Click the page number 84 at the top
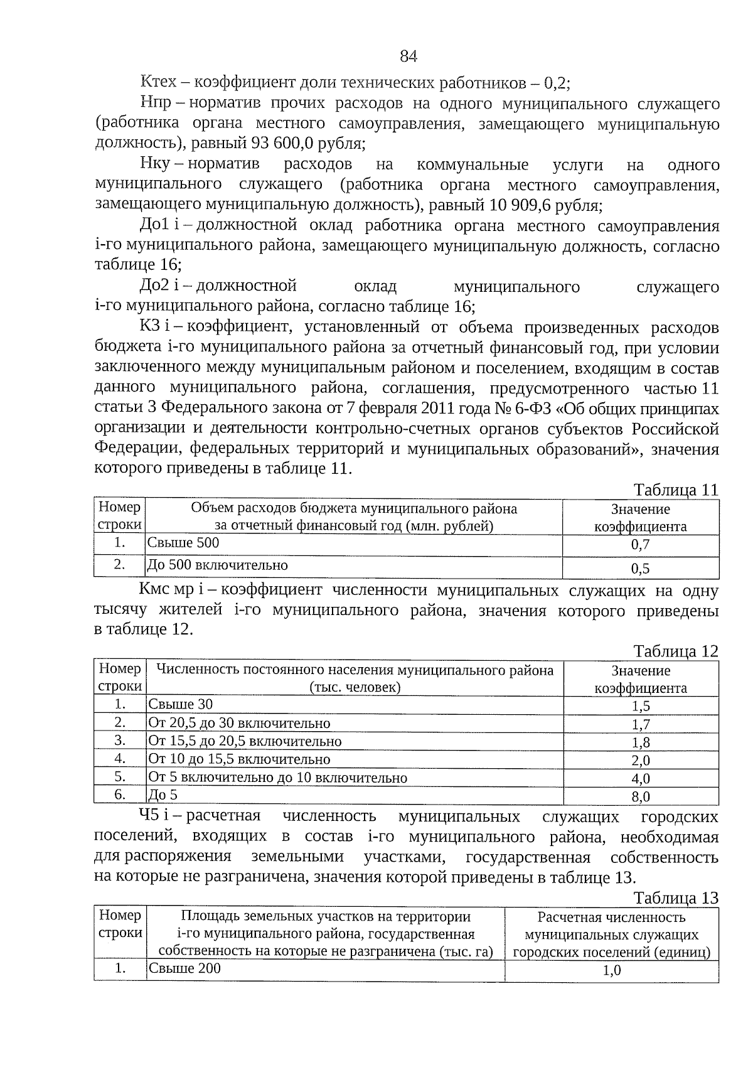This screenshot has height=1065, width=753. tap(409, 56)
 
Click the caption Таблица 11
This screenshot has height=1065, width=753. tap(675, 490)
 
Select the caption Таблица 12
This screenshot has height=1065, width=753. tap(675, 651)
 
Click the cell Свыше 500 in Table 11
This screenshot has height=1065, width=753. tap(183, 543)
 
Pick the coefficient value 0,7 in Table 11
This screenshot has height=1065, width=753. tap(640, 545)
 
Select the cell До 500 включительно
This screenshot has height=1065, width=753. tap(217, 565)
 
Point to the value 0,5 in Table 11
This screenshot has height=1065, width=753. tap(640, 569)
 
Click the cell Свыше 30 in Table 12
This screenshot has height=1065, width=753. tap(181, 704)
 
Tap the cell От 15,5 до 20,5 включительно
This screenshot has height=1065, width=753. tap(245, 741)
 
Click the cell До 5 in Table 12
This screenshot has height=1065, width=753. tap(163, 795)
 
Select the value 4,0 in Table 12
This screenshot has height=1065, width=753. tap(641, 779)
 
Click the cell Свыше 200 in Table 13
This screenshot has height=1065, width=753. tap(184, 968)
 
